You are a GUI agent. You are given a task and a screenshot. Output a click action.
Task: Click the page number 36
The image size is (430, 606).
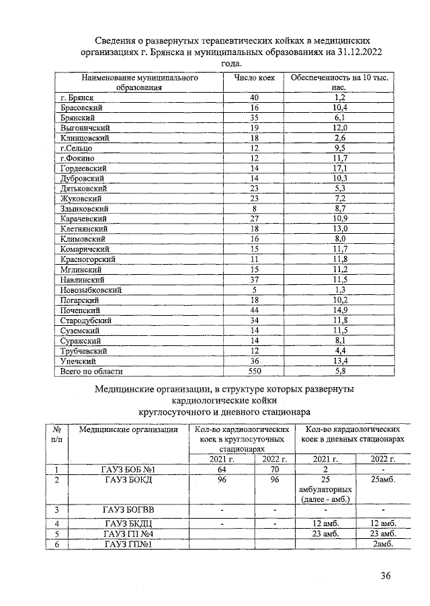click(x=386, y=575)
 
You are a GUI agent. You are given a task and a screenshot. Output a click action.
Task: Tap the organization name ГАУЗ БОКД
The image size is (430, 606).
click(x=130, y=480)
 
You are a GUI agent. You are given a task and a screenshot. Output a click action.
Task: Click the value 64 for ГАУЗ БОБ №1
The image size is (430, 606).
click(x=222, y=469)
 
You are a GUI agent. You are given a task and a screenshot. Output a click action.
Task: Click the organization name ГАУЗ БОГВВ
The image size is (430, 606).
click(x=130, y=510)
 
